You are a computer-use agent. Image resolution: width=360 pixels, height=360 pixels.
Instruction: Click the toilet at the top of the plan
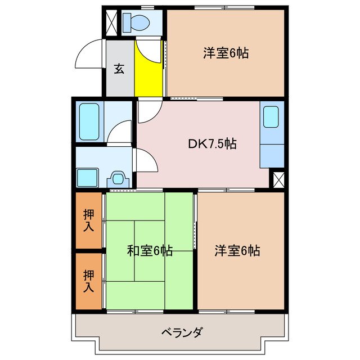135,23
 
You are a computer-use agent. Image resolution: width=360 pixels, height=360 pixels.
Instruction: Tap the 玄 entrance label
119,69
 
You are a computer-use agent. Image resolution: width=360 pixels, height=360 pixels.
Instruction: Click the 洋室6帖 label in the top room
226,53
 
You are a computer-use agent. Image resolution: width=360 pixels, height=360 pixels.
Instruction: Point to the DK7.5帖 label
211,144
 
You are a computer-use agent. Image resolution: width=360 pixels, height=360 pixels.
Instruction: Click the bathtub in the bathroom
89,121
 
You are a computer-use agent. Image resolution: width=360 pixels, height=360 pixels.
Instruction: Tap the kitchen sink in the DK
271,116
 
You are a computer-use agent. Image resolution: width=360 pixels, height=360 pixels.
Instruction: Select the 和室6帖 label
149,251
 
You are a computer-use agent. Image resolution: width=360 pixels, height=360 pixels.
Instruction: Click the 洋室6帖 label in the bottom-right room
237,251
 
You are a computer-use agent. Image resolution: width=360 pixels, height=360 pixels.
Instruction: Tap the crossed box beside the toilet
111,22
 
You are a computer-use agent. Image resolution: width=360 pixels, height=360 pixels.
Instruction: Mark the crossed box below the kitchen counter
277,179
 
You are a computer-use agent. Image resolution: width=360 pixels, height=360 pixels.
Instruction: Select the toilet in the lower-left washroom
117,178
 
